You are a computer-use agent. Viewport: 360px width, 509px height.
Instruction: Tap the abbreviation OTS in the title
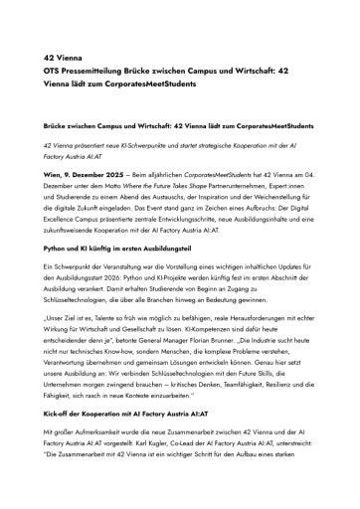pos(51,72)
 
